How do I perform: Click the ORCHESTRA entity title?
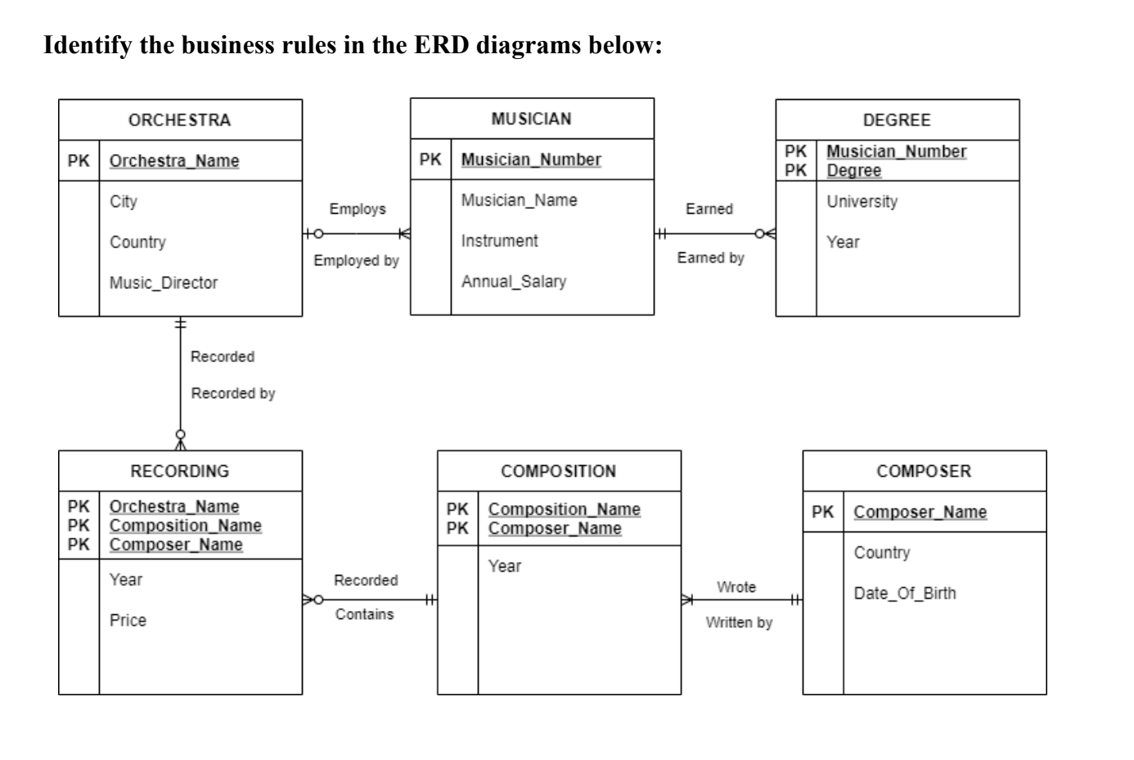click(x=179, y=120)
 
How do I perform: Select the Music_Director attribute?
click(x=164, y=283)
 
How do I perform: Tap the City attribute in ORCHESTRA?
click(x=124, y=201)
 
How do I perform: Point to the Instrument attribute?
click(x=499, y=241)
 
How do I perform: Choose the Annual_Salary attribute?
click(x=513, y=282)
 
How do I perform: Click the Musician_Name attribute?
click(x=519, y=201)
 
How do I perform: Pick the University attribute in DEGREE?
click(x=862, y=201)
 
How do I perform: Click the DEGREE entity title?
click(x=897, y=120)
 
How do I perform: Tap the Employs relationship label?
click(x=358, y=210)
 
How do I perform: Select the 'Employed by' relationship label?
click(x=356, y=260)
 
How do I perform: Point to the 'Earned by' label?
click(x=710, y=258)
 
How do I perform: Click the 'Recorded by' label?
click(x=233, y=394)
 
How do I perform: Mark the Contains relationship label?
click(x=364, y=614)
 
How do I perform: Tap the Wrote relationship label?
click(x=736, y=587)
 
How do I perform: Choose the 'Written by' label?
click(x=739, y=622)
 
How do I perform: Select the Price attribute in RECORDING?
click(x=128, y=621)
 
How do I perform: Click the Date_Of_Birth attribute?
click(x=904, y=594)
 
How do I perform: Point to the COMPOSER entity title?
click(x=924, y=472)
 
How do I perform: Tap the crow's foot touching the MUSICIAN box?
click(x=403, y=234)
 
